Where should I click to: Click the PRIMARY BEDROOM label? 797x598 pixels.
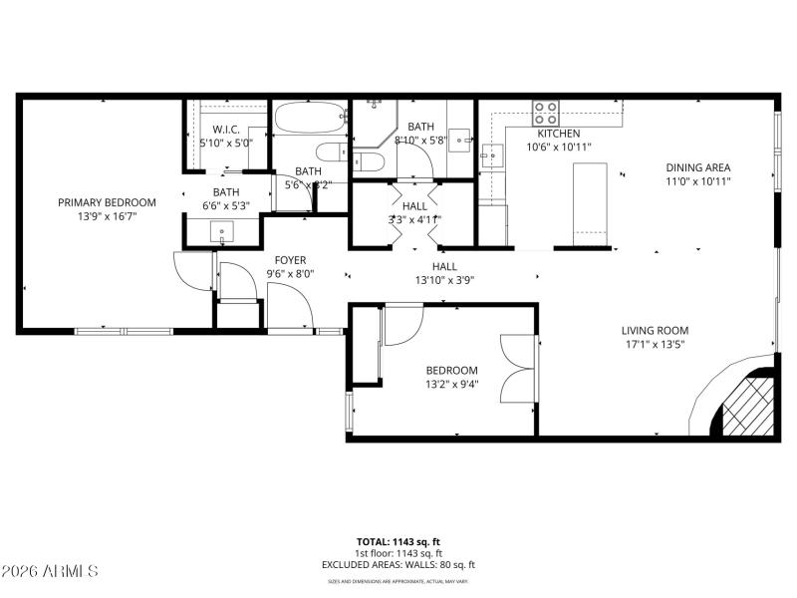(x=107, y=201)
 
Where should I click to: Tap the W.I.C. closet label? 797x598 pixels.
(x=226, y=130)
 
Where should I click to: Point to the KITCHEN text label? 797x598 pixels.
(x=558, y=134)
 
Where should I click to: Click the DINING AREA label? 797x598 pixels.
(x=705, y=168)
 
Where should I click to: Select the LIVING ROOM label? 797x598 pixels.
(x=655, y=331)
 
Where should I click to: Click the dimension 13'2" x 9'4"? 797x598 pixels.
(x=451, y=384)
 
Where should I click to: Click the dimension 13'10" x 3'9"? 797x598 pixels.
(x=444, y=280)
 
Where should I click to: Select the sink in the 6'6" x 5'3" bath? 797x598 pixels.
(x=220, y=231)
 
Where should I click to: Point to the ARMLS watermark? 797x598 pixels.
(x=50, y=571)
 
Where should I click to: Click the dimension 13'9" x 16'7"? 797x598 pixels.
(x=107, y=215)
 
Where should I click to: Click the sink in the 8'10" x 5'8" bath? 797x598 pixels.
(x=461, y=138)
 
